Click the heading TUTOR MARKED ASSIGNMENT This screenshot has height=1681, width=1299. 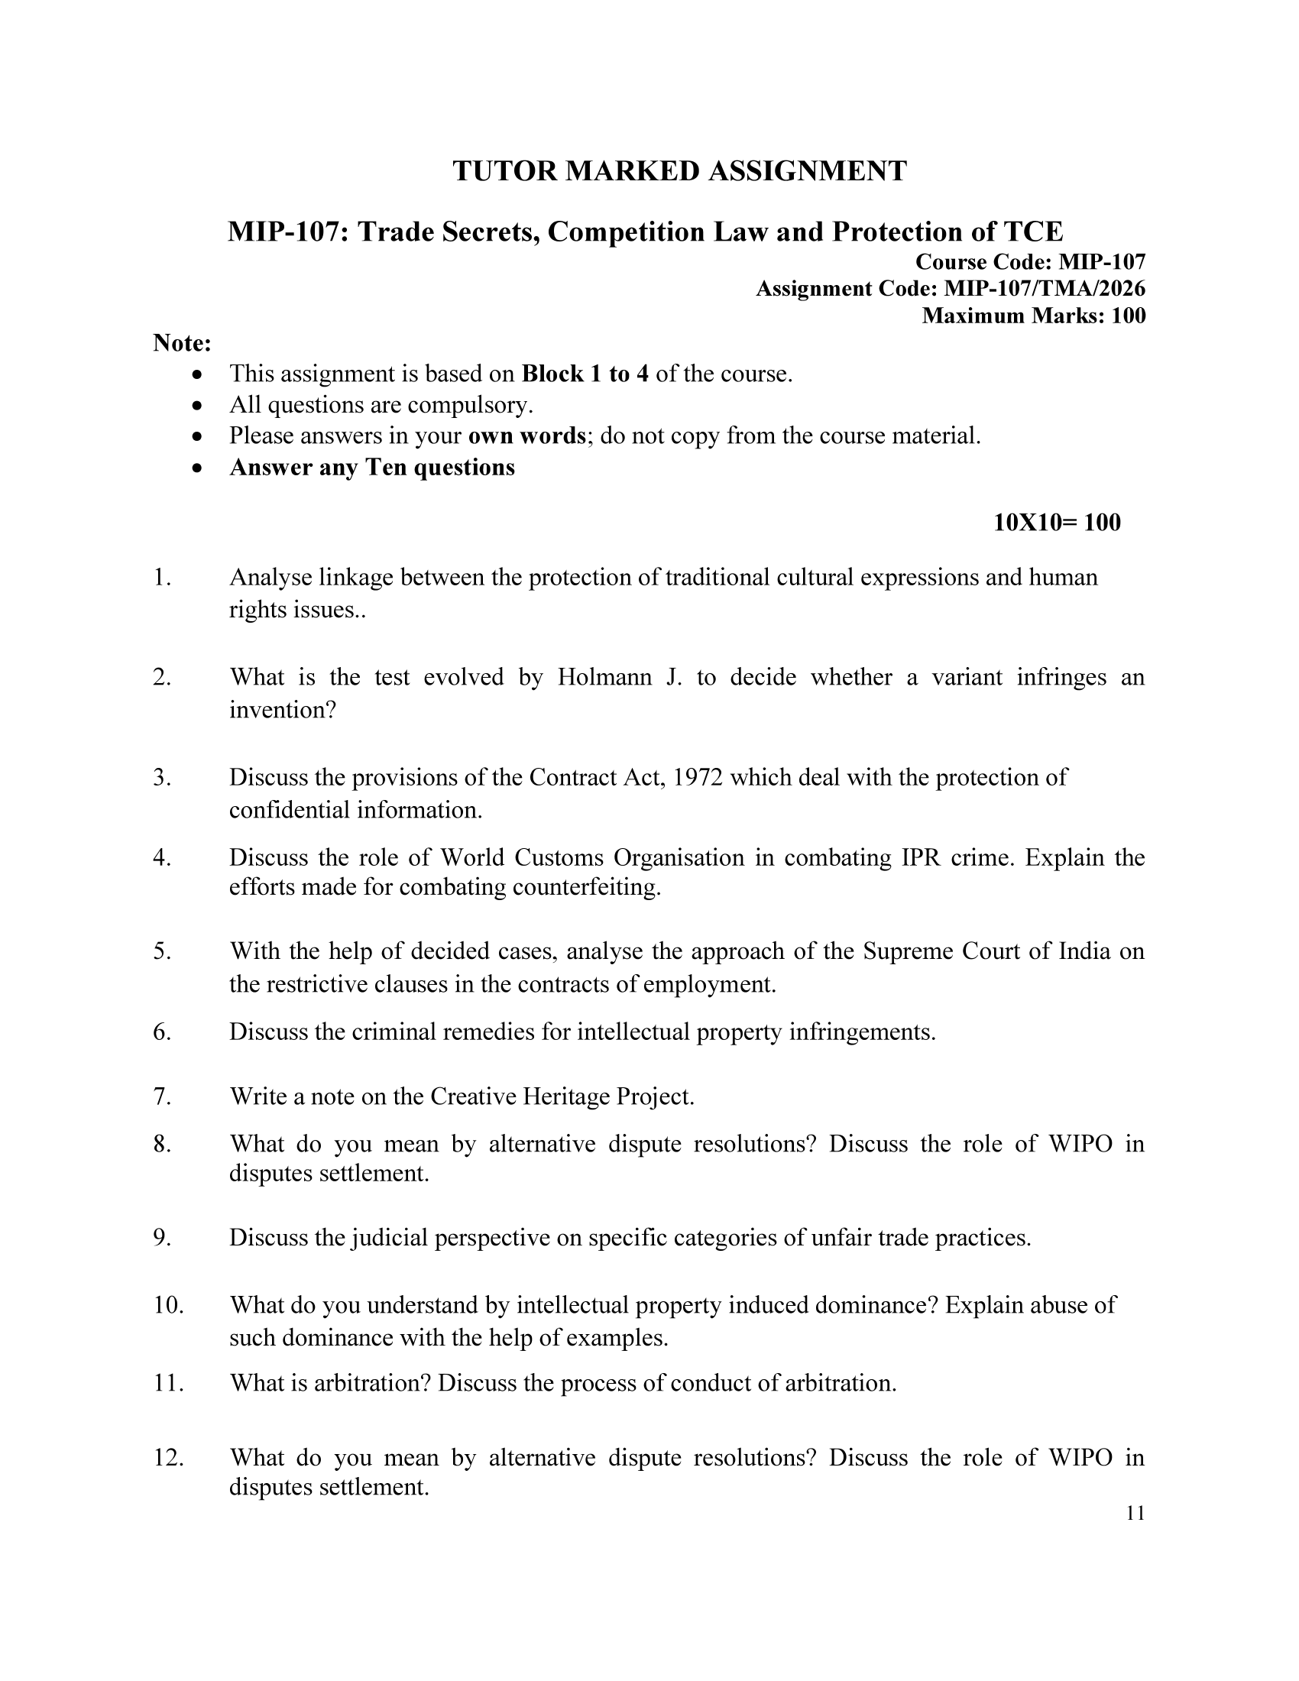679,171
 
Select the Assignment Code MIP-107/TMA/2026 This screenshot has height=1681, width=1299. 1045,289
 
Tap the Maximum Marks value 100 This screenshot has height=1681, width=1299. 1128,316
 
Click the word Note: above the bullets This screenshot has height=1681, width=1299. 182,342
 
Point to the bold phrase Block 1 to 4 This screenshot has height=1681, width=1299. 585,374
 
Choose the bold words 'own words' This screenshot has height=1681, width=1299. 527,436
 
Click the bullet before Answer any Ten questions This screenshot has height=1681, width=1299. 199,467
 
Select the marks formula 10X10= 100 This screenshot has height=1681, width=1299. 1057,523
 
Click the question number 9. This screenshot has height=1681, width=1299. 161,1238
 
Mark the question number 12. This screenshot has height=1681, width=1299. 169,1458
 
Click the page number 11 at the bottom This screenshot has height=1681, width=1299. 1135,1514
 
